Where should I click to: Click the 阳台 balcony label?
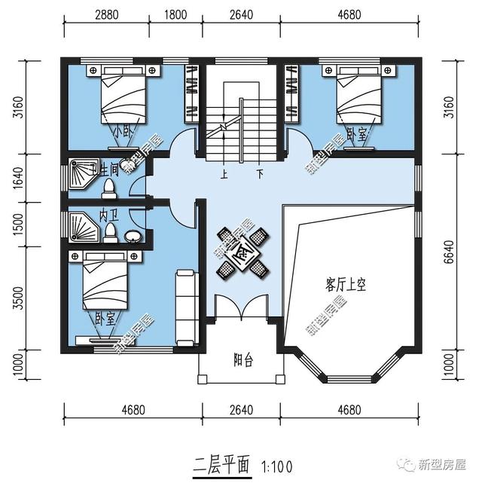[x=243, y=360]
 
